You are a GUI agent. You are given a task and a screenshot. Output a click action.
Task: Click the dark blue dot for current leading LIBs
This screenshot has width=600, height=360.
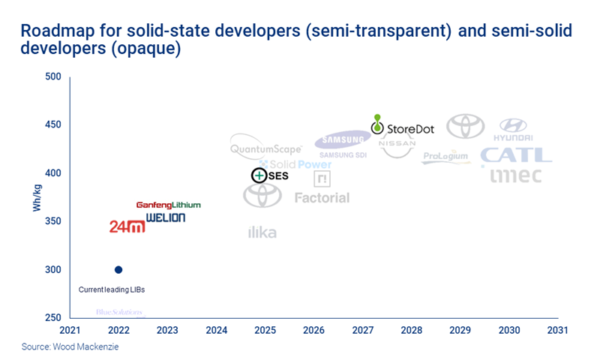pos(118,270)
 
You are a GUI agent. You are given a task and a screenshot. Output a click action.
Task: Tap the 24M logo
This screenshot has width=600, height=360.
pos(127,226)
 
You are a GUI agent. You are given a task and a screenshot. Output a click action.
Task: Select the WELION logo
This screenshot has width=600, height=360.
pos(165,217)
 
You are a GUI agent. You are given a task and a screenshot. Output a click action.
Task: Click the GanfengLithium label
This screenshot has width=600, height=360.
pos(168,205)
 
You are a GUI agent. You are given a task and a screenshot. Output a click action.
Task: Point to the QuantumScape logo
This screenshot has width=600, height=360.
pos(265,148)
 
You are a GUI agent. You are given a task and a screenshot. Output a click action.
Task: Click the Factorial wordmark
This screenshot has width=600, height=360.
pos(322,198)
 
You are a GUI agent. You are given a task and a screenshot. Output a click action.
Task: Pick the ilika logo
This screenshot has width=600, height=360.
pos(262,232)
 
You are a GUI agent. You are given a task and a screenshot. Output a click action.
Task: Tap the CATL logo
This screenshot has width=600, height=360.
pos(516,155)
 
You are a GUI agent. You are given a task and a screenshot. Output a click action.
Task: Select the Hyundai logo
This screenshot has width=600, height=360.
pos(513,129)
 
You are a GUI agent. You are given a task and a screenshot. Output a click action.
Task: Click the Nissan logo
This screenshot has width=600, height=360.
pos(397,145)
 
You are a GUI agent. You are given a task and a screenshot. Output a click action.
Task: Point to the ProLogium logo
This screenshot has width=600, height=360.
pos(446,157)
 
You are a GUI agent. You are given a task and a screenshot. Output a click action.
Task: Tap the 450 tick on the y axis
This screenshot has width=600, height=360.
pos(52,124)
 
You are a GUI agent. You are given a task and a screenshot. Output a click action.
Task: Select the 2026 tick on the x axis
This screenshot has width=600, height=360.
pos(313,330)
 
